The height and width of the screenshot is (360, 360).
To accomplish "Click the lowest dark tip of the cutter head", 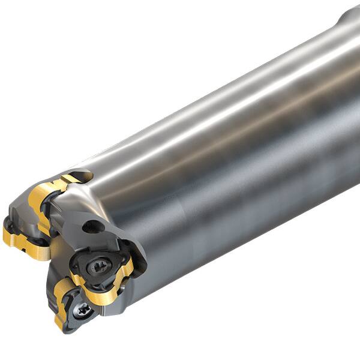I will pos(65,329).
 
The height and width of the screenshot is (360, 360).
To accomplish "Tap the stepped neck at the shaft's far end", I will pos(350,21).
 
